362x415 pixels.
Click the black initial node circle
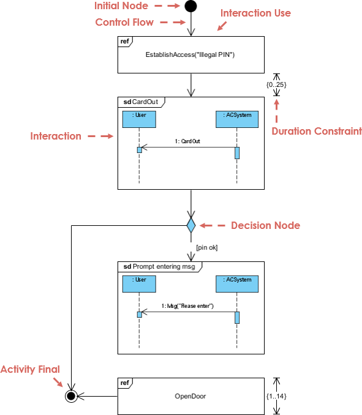tap(191, 7)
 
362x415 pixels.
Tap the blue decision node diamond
tap(191, 225)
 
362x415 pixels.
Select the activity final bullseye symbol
tap(72, 396)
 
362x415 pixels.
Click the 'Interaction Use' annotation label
tap(255, 13)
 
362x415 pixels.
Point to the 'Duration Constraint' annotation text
tap(317, 131)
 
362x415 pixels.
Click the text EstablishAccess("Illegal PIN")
tap(190, 55)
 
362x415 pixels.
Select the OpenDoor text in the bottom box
tap(190, 396)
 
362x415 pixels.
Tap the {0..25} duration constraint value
tap(276, 83)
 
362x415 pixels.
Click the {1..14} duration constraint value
tap(276, 396)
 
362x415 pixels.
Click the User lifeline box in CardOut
tap(139, 119)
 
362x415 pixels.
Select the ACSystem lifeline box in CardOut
tap(237, 119)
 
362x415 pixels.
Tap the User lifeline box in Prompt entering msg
tap(139, 283)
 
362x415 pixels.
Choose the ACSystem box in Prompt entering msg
tap(237, 283)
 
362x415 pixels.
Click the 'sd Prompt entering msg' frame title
tap(159, 266)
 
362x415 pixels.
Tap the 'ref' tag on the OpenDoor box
tap(125, 383)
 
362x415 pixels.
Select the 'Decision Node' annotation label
tap(265, 226)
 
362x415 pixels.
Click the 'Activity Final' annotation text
tap(30, 369)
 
